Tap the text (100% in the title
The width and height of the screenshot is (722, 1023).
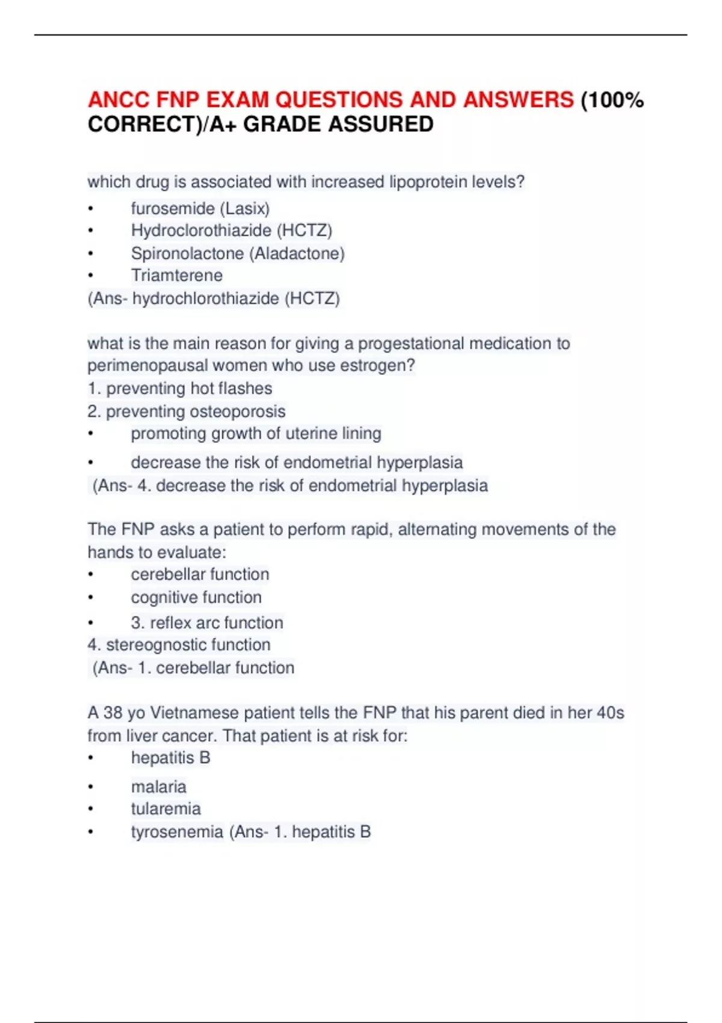[611, 99]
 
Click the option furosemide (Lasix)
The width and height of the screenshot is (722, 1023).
[200, 208]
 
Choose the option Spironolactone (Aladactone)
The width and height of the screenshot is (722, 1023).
[238, 253]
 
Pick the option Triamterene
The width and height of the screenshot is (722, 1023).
[177, 276]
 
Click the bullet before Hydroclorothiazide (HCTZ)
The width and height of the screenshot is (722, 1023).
[91, 230]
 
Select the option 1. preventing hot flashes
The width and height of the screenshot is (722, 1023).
[180, 389]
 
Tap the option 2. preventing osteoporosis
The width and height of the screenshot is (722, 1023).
[187, 412]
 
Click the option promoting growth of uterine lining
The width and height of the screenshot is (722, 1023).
[256, 433]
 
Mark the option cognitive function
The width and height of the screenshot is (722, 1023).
[196, 598]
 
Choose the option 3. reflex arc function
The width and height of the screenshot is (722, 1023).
[207, 623]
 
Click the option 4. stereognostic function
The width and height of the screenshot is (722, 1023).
[179, 645]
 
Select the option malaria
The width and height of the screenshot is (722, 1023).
[159, 787]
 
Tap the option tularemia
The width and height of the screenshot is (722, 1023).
[166, 809]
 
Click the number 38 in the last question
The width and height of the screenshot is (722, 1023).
[113, 713]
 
